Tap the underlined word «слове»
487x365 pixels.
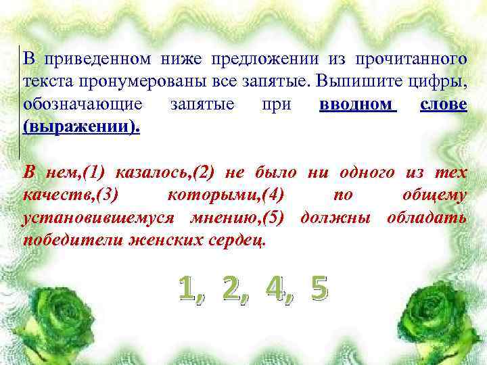(x=443, y=105)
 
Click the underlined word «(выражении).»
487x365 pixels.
(x=81, y=127)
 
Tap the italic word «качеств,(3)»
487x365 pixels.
(x=70, y=195)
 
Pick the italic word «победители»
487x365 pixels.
(x=72, y=241)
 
